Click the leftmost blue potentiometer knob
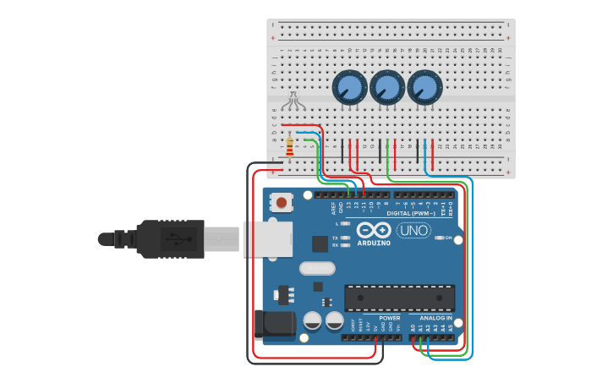(x=349, y=88)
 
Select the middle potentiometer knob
(x=387, y=87)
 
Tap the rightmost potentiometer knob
(x=424, y=87)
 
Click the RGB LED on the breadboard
(x=293, y=101)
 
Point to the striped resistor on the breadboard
(x=290, y=146)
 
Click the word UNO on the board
(x=413, y=230)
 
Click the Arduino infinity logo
(x=374, y=230)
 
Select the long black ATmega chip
(x=399, y=298)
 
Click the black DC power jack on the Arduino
(x=272, y=324)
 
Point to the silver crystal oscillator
(x=317, y=268)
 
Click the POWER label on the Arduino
(x=389, y=318)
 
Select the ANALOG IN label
(x=436, y=318)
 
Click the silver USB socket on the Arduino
(x=267, y=238)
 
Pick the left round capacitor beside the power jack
(x=312, y=320)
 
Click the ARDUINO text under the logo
(x=374, y=243)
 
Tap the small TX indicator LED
(x=346, y=238)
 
